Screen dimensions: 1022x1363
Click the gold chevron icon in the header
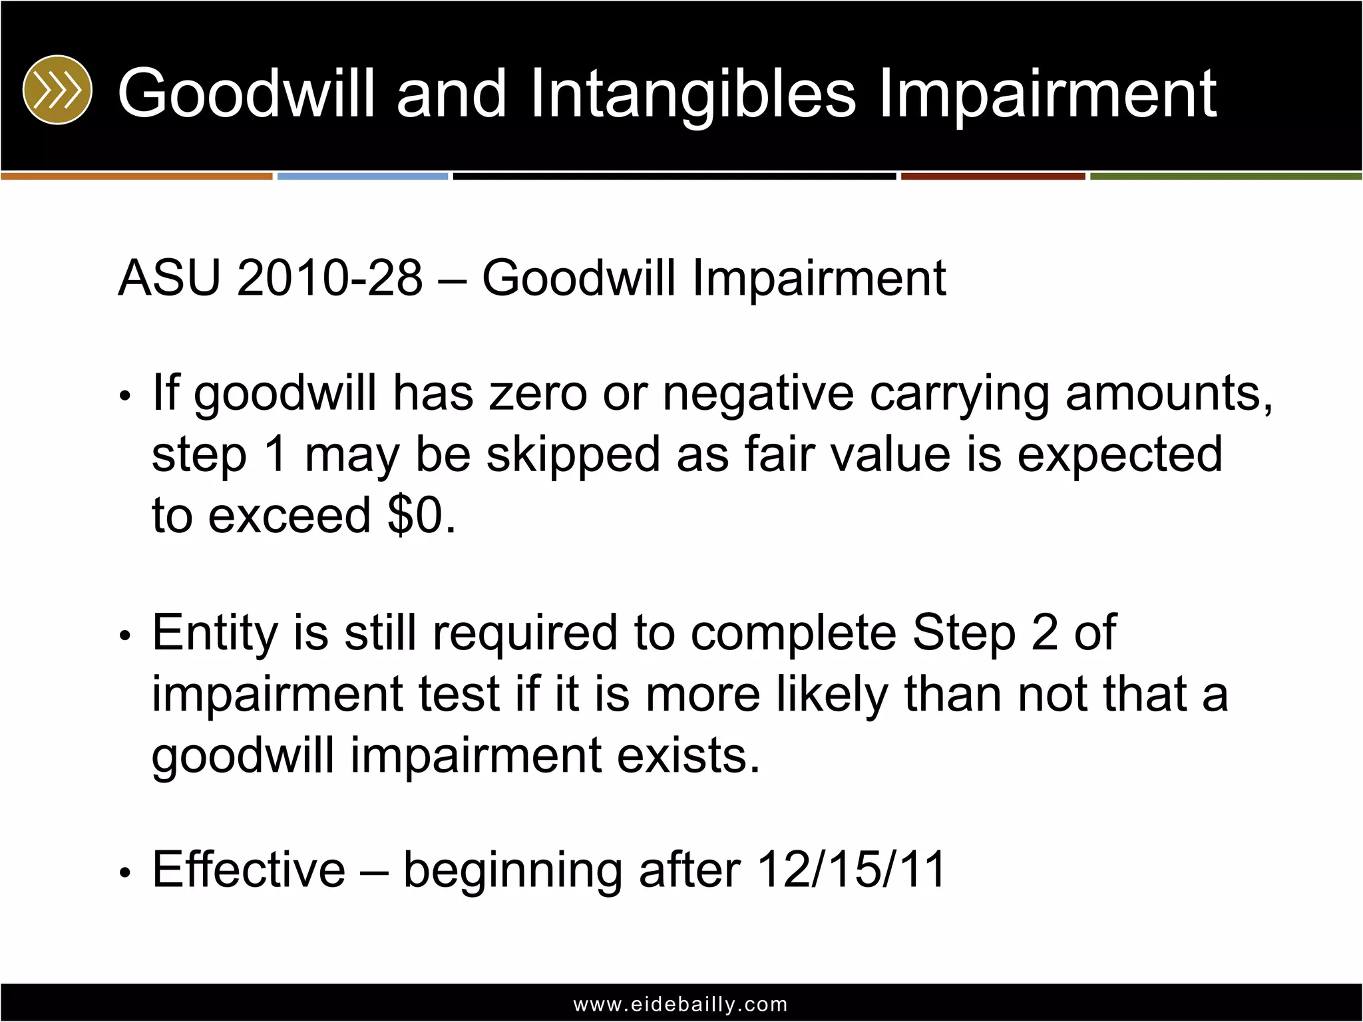pyautogui.click(x=57, y=90)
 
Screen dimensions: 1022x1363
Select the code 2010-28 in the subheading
pyautogui.click(x=329, y=278)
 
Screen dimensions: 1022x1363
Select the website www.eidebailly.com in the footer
pyautogui.click(x=681, y=1004)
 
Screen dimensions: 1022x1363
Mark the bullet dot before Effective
pyautogui.click(x=124, y=873)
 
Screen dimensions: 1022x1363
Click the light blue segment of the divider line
pyautogui.click(x=363, y=176)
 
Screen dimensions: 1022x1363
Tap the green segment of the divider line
pyautogui.click(x=1226, y=176)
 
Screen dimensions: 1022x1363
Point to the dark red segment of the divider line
pyautogui.click(x=993, y=176)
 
